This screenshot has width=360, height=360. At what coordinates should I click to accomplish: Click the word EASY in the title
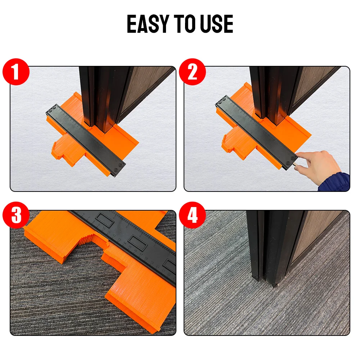coord(148,24)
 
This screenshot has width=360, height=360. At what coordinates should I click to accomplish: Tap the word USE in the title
coord(217,24)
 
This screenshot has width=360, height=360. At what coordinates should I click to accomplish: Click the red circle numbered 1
coord(16,72)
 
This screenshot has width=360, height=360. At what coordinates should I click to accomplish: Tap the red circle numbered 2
coord(192,72)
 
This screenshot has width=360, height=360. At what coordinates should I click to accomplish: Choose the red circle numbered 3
coord(16,215)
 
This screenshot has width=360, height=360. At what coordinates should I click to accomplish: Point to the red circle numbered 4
coord(192,215)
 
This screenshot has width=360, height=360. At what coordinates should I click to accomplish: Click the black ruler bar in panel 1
coord(86,141)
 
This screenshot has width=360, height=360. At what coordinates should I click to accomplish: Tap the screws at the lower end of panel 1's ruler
coord(118,167)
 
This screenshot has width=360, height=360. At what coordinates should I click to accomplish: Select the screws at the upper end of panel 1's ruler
coord(52,109)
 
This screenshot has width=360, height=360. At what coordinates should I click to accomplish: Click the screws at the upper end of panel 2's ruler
coord(221,100)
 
